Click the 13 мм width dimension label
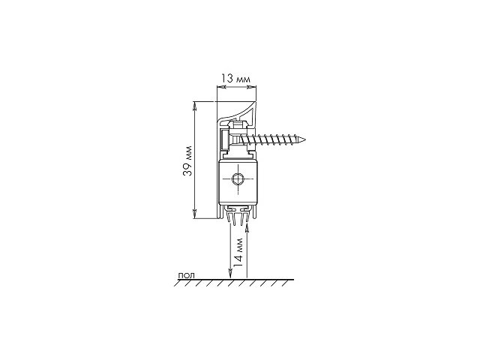(236, 79)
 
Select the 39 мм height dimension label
(187, 160)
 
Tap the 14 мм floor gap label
(238, 252)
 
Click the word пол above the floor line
(186, 275)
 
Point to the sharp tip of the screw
(304, 140)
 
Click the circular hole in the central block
(238, 178)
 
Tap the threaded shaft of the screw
(272, 140)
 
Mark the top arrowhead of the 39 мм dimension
(194, 106)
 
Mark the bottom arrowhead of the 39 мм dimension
(194, 214)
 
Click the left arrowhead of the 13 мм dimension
(221, 87)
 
